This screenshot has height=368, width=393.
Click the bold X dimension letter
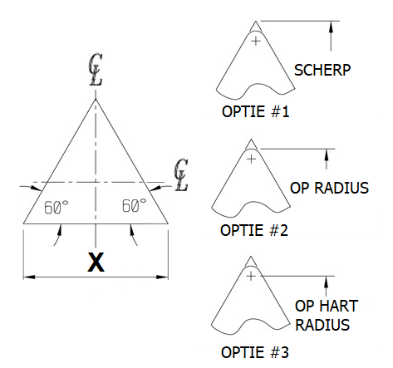coord(96,262)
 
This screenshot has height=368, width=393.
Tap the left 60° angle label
coord(56,207)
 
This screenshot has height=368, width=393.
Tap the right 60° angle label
coord(134,205)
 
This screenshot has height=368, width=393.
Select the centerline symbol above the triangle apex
coord(96,70)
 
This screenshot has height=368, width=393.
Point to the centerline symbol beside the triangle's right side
coord(181,174)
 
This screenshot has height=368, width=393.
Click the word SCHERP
coord(322,70)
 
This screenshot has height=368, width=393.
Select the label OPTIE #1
coord(255,111)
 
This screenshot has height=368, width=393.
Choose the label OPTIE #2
coord(254,230)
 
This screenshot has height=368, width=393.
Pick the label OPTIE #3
coord(255,352)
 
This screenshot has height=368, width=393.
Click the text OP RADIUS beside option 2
coord(329,188)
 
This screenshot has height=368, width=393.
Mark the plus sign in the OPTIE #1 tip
coord(256,42)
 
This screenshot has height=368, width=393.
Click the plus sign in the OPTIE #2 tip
coord(251,159)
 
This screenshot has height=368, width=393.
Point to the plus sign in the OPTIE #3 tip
coord(251,276)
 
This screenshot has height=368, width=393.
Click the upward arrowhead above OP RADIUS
coord(327,155)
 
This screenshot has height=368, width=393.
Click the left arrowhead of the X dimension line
coord(29,277)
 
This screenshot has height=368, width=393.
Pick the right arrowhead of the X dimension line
coord(162,277)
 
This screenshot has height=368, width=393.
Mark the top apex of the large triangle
coord(96,99)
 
